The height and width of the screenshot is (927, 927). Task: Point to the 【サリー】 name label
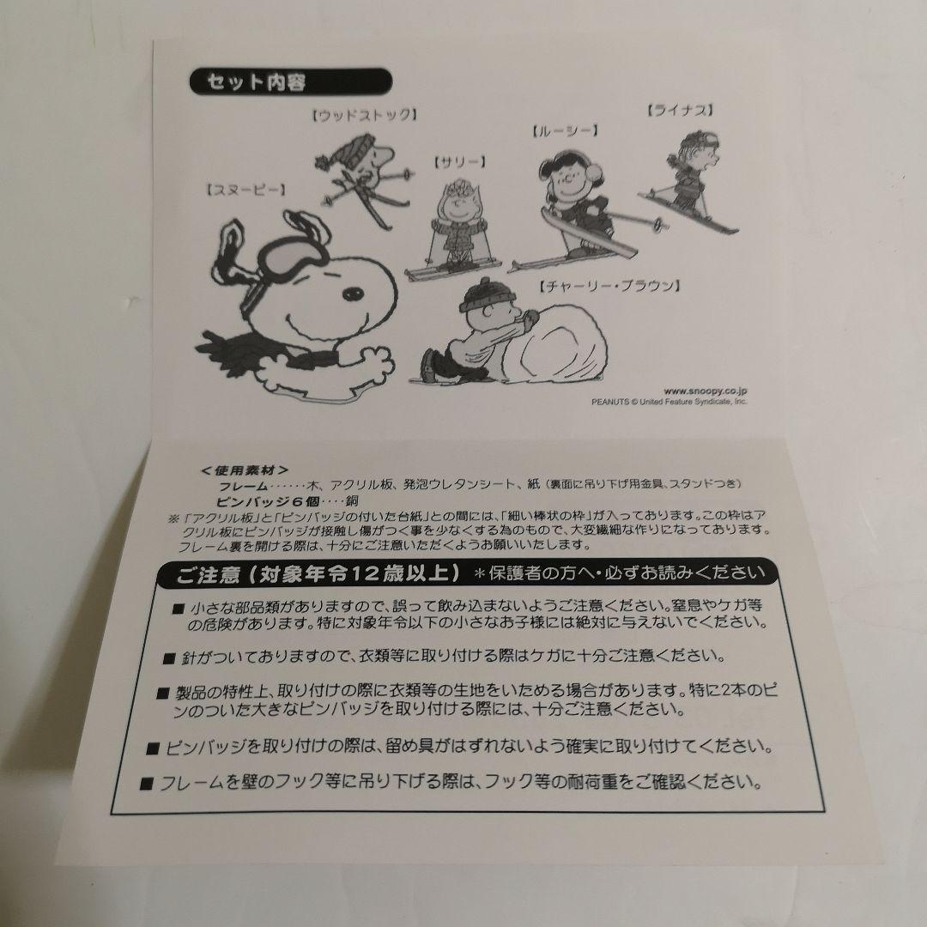460,161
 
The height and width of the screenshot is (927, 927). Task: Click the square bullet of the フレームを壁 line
148,784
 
